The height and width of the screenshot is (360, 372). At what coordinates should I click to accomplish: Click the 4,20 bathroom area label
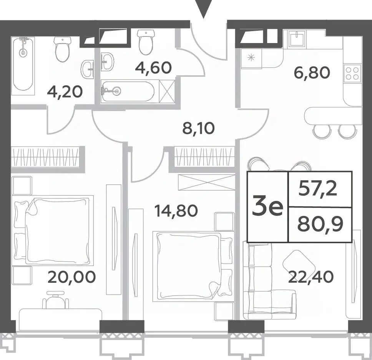pos(65,92)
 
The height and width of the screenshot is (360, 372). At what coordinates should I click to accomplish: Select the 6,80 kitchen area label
pos(312,72)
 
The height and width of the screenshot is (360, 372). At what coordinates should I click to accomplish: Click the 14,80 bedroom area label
pos(176,211)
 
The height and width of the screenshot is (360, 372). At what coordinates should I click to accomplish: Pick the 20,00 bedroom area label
pos(71,277)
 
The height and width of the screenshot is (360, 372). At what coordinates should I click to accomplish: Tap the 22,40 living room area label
pos(311,277)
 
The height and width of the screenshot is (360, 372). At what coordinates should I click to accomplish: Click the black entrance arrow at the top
pos(203,9)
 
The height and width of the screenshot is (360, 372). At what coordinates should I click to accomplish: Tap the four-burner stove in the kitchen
pos(353,73)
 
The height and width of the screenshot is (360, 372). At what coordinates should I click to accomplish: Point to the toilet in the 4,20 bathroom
pos(63,49)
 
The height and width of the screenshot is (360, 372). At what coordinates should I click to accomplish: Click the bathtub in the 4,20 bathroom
pos(23,66)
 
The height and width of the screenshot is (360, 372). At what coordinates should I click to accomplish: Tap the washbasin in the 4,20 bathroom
pos(88,69)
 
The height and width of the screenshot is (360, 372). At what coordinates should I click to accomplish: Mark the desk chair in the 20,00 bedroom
pos(55,300)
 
